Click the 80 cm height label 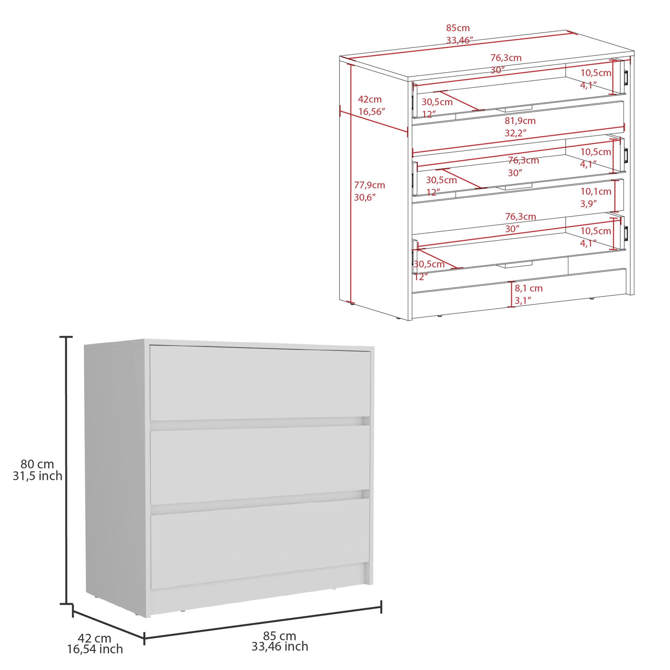coord(37,464)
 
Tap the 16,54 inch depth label coord(95,649)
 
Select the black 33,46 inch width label coord(280,647)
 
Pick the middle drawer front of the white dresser coord(260,465)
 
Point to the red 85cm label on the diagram coord(458,28)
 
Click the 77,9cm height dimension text coord(369,185)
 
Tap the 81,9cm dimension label coord(520,121)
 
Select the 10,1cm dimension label coord(596,191)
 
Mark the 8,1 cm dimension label coord(528,288)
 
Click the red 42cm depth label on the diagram coord(370,100)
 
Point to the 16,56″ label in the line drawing coord(372,112)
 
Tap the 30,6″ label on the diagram coord(365,198)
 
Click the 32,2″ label coord(515,133)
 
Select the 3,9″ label coord(588,203)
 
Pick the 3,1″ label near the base coord(523,301)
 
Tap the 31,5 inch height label coord(38,476)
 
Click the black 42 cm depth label coord(94,638)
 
